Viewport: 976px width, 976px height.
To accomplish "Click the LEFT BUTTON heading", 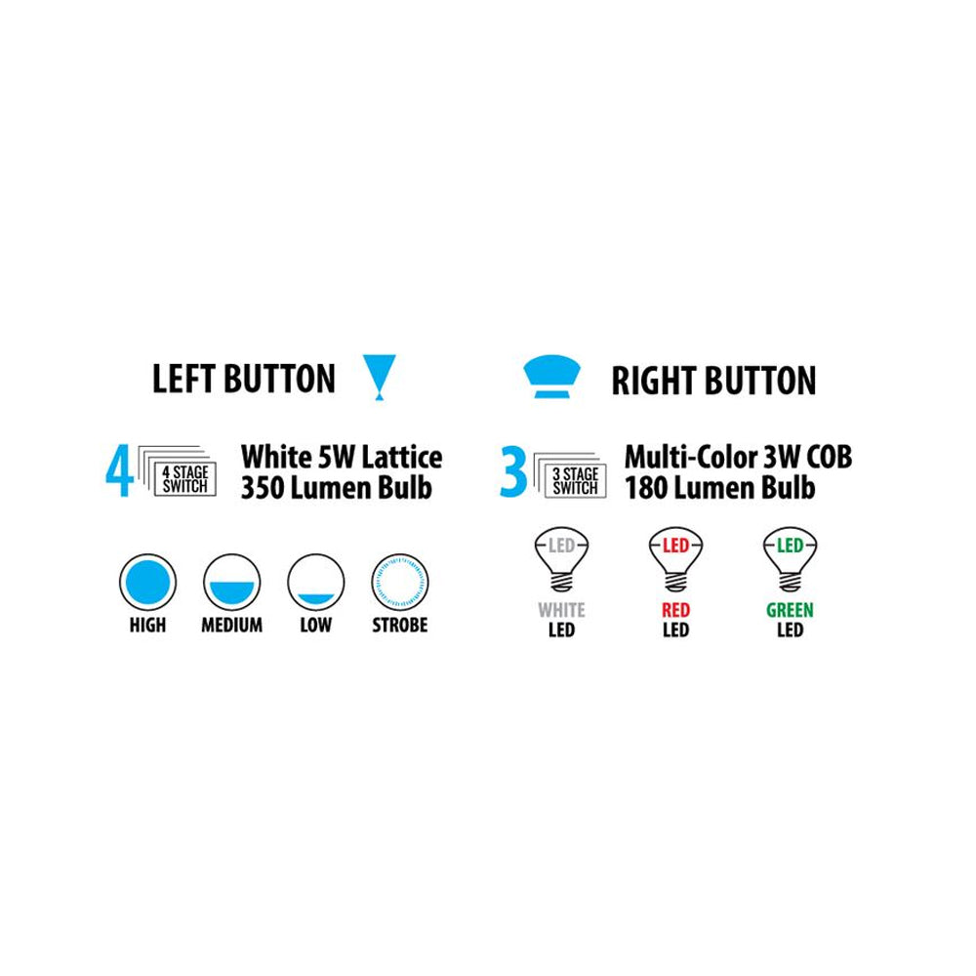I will coord(243,379).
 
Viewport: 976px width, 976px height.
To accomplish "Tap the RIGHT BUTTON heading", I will coord(713,381).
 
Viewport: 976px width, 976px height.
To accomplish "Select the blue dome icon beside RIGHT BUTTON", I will coord(551,376).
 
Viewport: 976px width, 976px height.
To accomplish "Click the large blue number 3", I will coord(512,471).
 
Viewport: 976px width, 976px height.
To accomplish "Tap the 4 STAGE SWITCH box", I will coord(184,478).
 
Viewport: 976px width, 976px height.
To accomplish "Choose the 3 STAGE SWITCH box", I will coord(575,480).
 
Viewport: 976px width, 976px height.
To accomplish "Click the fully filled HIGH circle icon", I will coord(147,583).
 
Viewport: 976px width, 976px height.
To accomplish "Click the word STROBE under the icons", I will coord(399,625).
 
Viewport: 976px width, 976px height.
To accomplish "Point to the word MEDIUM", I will coord(231,625).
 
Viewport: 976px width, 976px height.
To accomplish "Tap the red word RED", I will coord(675,610).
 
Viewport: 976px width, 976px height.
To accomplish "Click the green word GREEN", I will coord(790,610).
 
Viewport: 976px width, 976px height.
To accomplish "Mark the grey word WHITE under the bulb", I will coord(562,610).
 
